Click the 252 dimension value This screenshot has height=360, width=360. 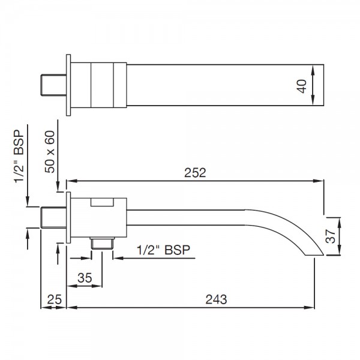point(195,173)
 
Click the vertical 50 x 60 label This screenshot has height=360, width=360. point(53,153)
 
